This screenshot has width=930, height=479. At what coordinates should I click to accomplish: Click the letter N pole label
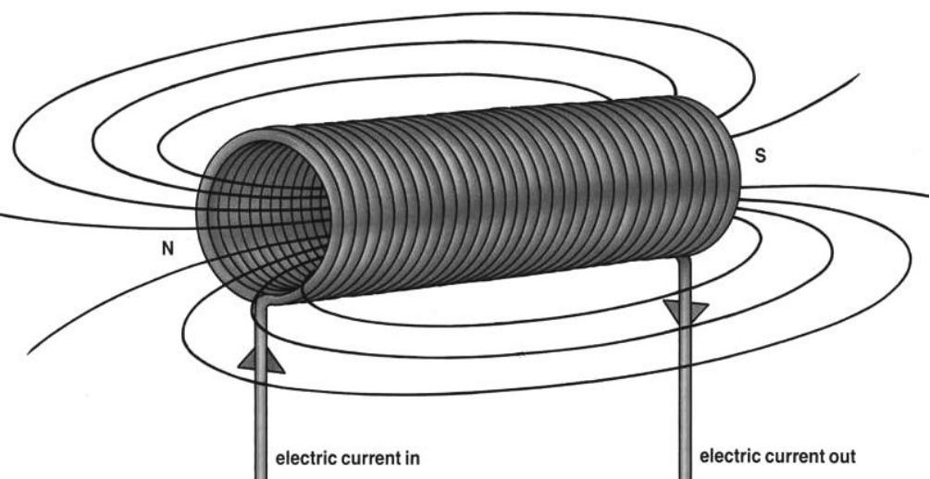coord(167,248)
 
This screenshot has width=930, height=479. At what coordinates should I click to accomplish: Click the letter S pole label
coord(761,156)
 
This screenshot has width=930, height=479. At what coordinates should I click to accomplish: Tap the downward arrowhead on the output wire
coord(686,315)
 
